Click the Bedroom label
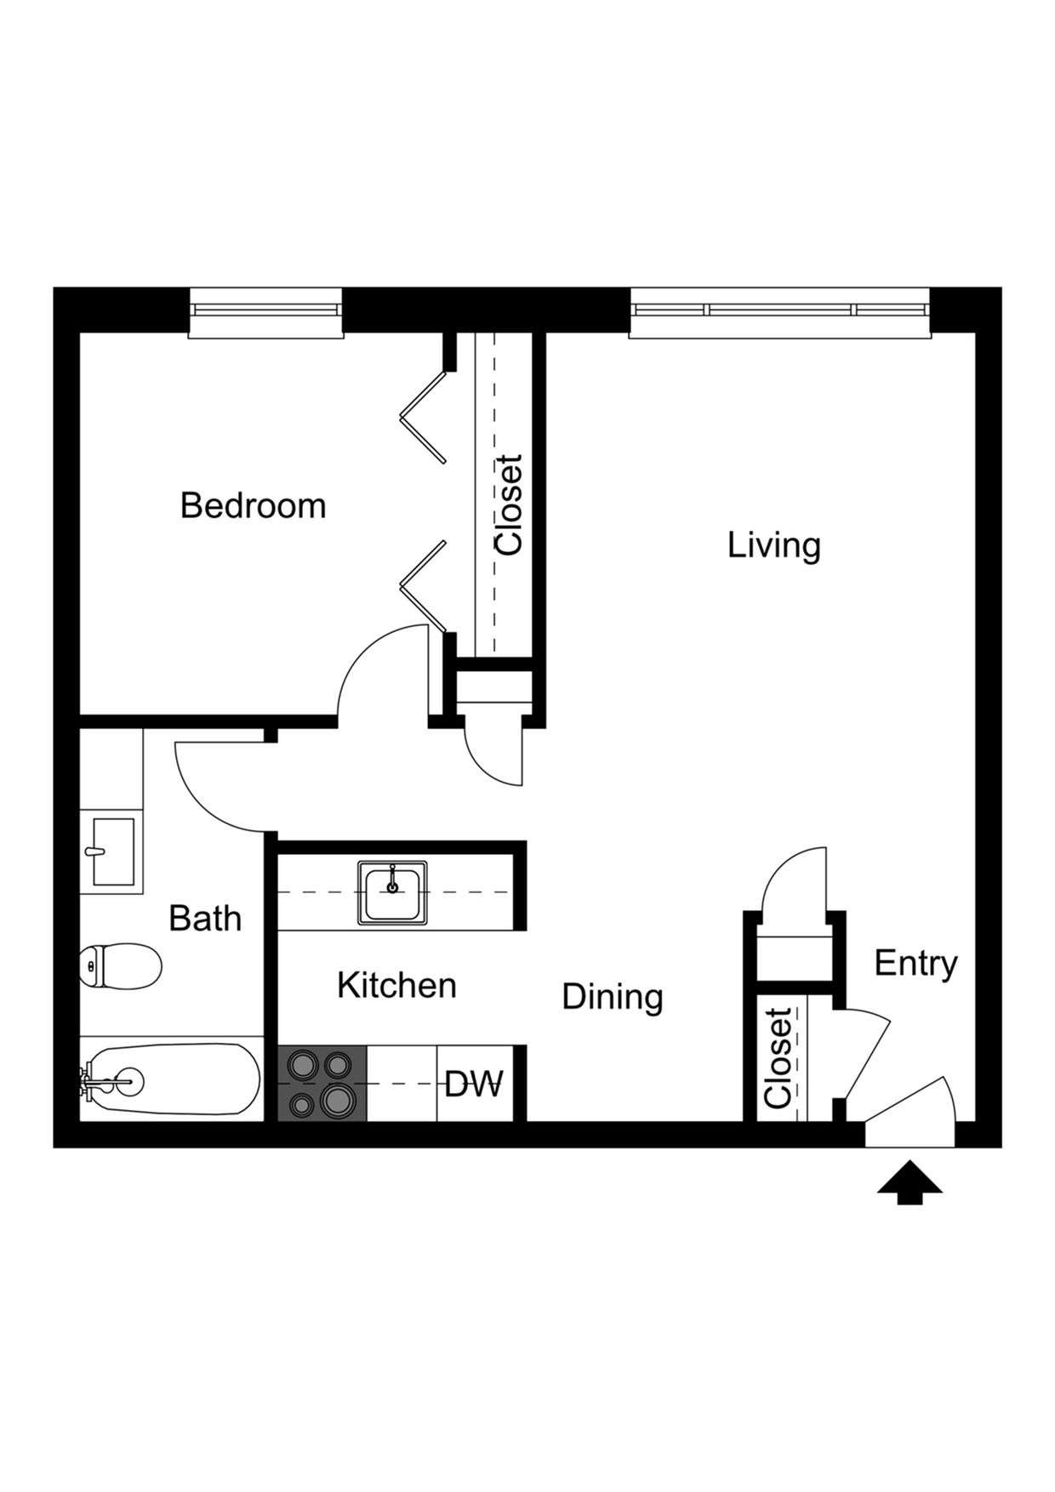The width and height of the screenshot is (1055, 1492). click(253, 506)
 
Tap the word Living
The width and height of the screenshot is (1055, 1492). click(773, 545)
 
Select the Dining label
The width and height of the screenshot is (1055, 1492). click(612, 996)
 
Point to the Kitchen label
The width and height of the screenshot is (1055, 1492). click(396, 985)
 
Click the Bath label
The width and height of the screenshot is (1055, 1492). click(205, 919)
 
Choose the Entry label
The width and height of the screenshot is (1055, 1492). click(915, 963)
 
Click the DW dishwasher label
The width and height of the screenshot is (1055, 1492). click(474, 1085)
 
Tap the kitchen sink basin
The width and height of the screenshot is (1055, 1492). click(392, 891)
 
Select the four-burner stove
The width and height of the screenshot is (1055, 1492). click(322, 1083)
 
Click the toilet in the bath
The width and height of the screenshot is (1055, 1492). click(122, 966)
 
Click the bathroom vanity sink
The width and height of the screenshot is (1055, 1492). click(112, 851)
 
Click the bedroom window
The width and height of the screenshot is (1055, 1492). click(265, 312)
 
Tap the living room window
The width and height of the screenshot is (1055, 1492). click(779, 312)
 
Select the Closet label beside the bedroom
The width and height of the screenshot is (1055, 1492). click(509, 505)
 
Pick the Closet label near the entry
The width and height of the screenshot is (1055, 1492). click(778, 1058)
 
